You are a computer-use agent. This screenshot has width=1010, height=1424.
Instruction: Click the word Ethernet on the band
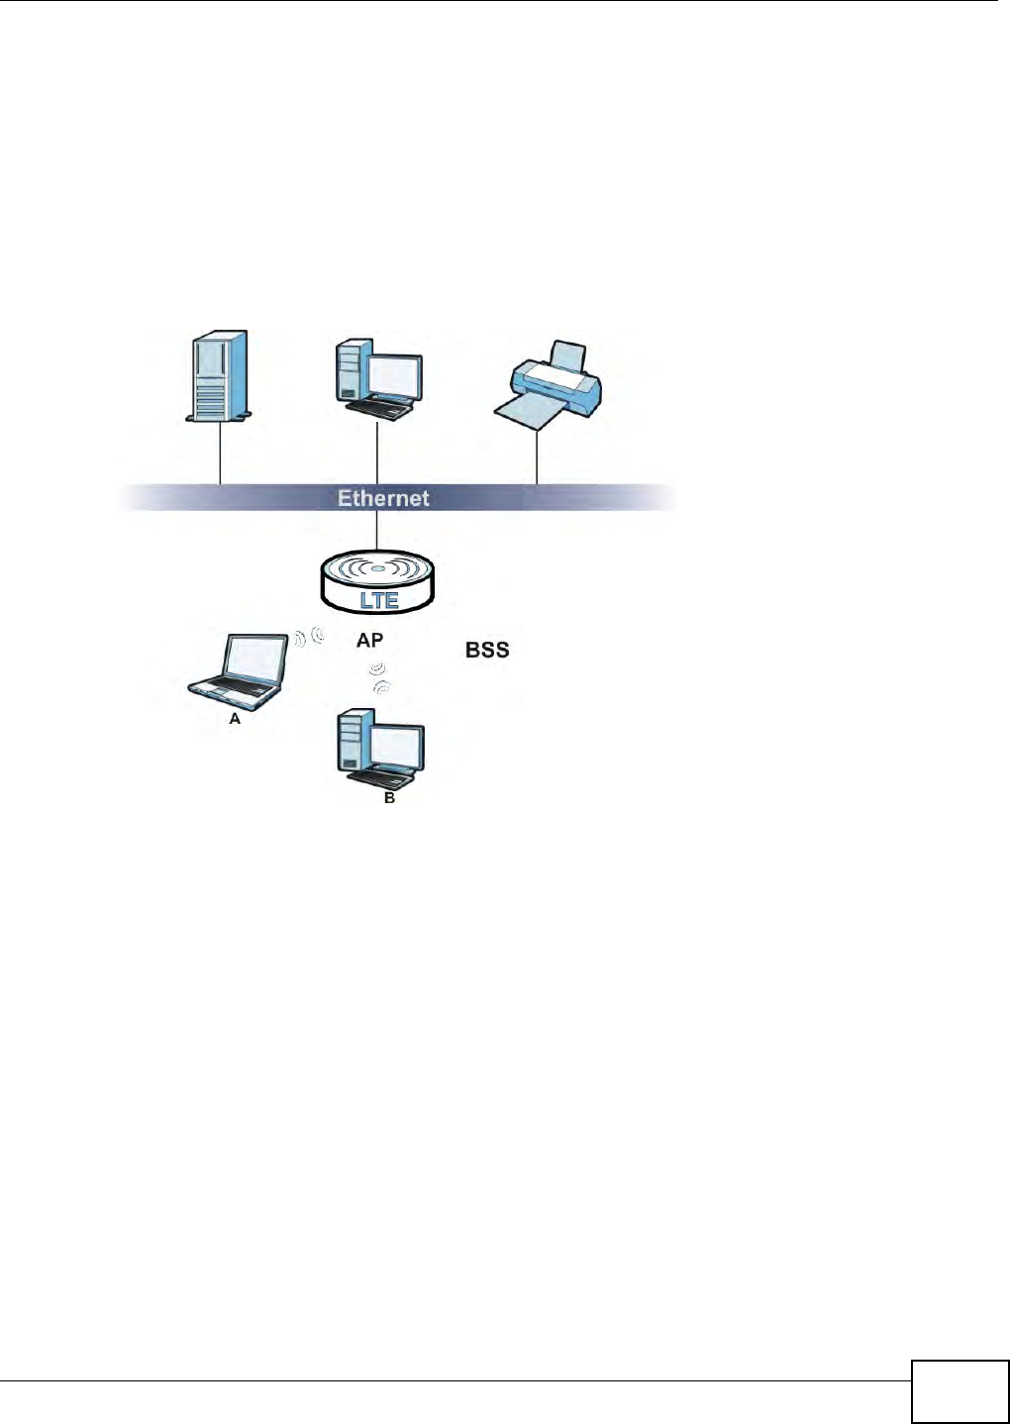(x=383, y=498)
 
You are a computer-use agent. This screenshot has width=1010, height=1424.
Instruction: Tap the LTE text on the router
(x=378, y=600)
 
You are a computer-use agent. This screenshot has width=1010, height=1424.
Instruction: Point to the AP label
(x=369, y=641)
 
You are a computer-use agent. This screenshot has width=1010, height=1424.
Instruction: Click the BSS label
(x=487, y=650)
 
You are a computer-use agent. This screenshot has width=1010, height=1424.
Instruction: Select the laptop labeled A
(x=241, y=670)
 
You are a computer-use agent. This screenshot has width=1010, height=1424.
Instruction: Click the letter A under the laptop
(x=235, y=719)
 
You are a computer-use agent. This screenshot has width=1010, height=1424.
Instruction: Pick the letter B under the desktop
(x=389, y=797)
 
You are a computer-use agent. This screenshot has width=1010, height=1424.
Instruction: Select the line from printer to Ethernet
(x=537, y=456)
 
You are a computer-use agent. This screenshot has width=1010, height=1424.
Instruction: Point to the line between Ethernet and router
(x=377, y=529)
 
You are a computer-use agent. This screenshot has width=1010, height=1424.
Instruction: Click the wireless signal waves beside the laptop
(x=309, y=637)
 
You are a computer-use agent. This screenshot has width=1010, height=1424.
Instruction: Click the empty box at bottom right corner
(x=959, y=1391)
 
